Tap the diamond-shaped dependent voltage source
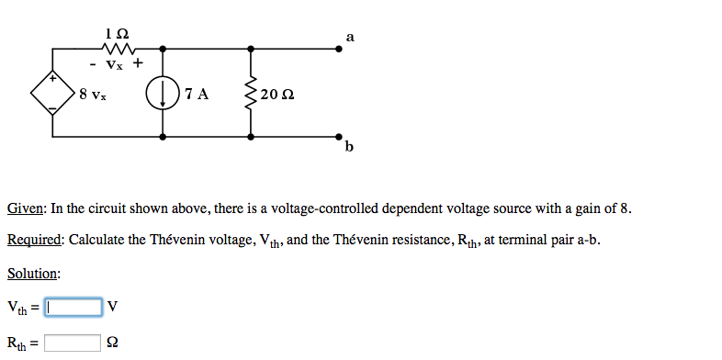[52, 93]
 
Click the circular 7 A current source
[164, 93]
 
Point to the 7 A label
[196, 94]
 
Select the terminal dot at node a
[339, 49]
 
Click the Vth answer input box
[73, 306]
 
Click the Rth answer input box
[73, 343]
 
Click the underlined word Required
[34, 241]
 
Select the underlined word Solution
[33, 274]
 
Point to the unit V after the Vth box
[112, 306]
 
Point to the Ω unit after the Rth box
[112, 343]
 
